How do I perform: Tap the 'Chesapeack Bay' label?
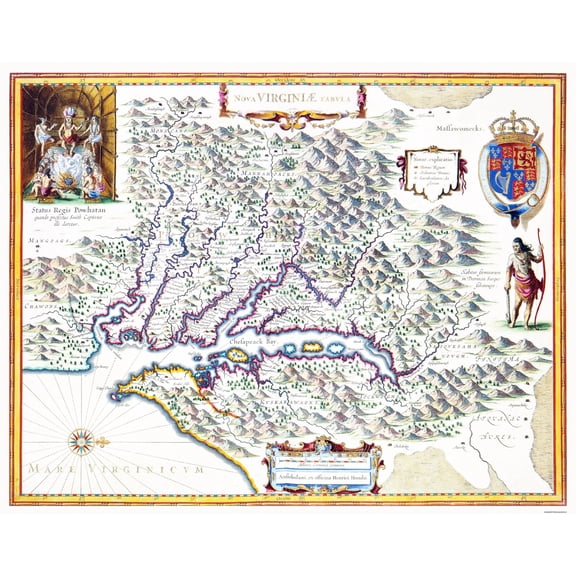click(259, 341)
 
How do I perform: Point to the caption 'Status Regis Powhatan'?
click(67, 211)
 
